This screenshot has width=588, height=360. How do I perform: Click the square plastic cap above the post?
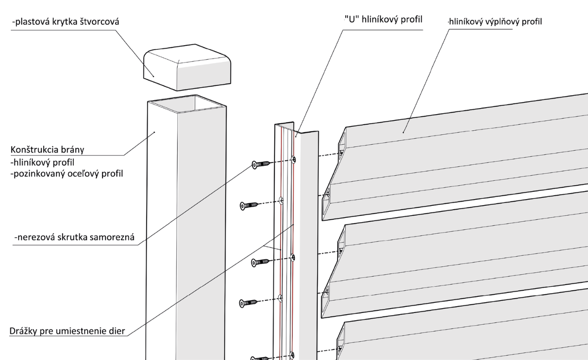click(x=187, y=68)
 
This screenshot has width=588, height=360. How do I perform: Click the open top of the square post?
click(x=187, y=104)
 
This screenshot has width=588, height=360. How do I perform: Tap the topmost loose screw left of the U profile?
click(x=261, y=164)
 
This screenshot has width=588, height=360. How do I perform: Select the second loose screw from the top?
click(x=249, y=206)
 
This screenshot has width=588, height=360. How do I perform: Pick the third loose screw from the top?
click(x=260, y=262)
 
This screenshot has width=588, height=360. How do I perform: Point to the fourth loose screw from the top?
click(x=248, y=303)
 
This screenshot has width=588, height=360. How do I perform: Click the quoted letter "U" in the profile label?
click(x=352, y=20)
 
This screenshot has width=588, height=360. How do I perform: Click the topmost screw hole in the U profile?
click(x=294, y=160)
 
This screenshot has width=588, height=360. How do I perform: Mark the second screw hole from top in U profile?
click(x=281, y=201)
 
